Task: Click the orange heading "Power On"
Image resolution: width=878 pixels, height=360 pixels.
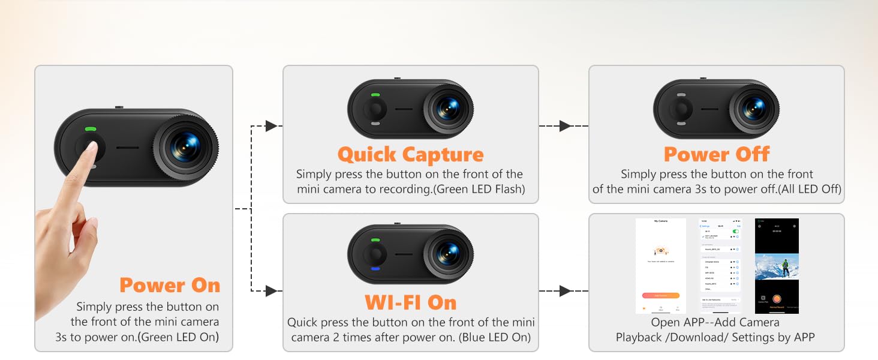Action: pyautogui.click(x=170, y=285)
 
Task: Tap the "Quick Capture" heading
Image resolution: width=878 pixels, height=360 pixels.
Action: pyautogui.click(x=410, y=155)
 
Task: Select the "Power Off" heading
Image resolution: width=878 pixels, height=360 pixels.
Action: pyautogui.click(x=716, y=154)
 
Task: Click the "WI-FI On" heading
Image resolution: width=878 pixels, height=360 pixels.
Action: pyautogui.click(x=411, y=302)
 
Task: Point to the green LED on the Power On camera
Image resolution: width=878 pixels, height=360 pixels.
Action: pyautogui.click(x=91, y=128)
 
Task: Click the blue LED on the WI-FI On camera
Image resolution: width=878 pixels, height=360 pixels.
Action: pyautogui.click(x=375, y=269)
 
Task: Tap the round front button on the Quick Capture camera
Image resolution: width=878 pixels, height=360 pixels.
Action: pyautogui.click(x=375, y=109)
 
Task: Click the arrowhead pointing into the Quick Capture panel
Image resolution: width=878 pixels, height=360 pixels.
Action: pyautogui.click(x=271, y=126)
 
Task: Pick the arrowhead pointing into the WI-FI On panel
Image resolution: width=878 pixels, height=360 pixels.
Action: pyautogui.click(x=271, y=291)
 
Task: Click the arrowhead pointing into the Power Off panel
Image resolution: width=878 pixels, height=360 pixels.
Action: pyautogui.click(x=564, y=126)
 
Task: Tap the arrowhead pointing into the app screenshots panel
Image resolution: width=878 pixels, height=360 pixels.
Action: pyautogui.click(x=564, y=291)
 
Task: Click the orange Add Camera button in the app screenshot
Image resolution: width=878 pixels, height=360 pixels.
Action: pyautogui.click(x=660, y=295)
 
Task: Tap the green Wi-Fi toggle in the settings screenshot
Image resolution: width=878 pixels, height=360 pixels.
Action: pyautogui.click(x=735, y=230)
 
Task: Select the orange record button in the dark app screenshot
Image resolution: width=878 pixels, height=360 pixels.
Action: pyautogui.click(x=777, y=298)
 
